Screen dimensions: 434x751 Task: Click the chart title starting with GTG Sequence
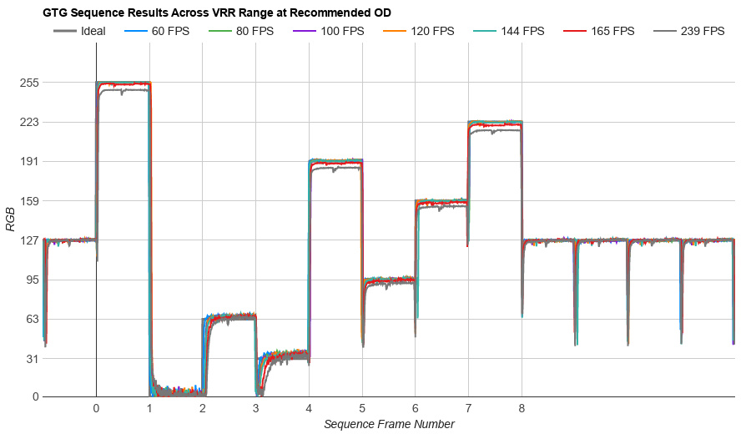point(217,13)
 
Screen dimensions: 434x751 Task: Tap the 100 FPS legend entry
point(337,32)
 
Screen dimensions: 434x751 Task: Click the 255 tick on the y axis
point(31,83)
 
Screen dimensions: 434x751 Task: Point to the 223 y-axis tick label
point(31,122)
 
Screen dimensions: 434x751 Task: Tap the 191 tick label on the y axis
point(31,161)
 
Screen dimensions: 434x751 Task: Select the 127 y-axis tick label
point(31,240)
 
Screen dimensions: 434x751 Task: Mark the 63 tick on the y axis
point(31,319)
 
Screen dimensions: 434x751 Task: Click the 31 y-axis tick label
point(31,358)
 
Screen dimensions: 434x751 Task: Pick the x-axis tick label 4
point(309,409)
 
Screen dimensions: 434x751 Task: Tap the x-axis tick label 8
point(522,409)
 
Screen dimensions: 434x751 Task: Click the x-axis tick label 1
point(149,409)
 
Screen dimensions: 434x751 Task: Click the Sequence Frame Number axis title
point(389,424)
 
